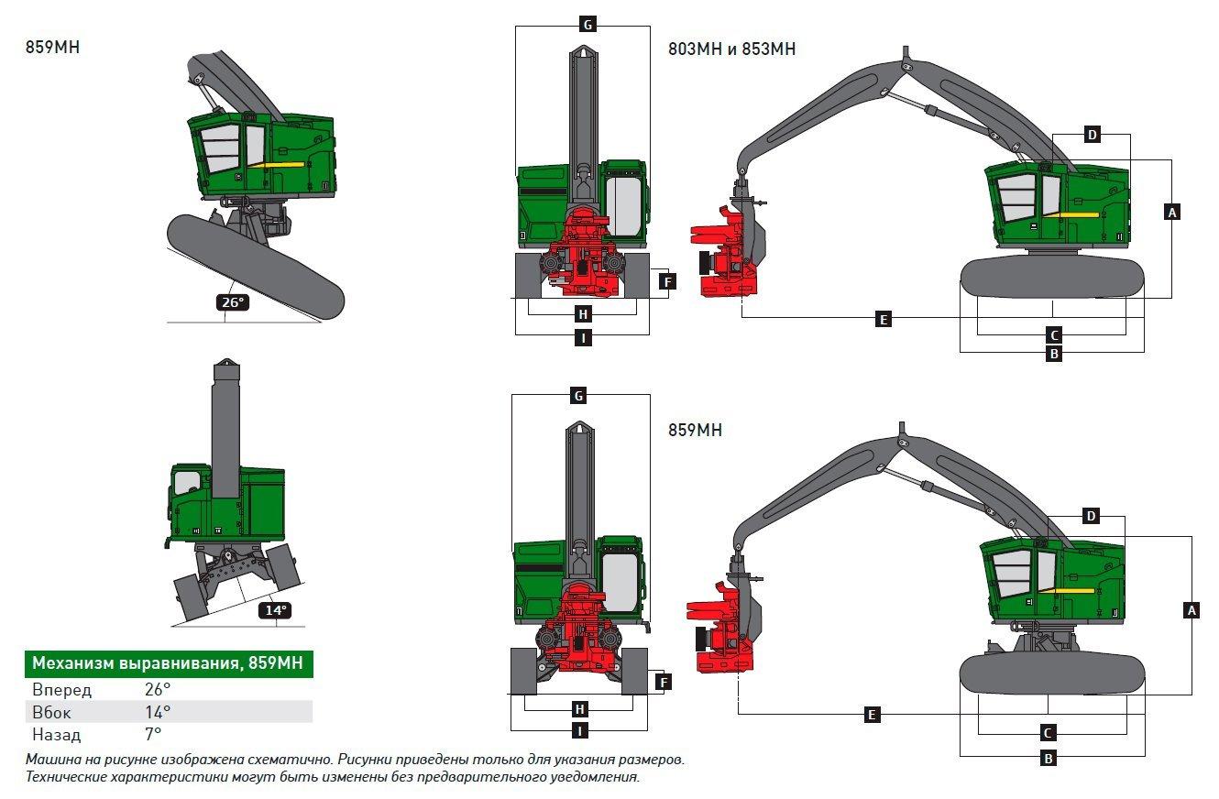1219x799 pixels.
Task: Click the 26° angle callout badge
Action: point(233,301)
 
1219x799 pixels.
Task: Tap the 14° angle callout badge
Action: point(275,610)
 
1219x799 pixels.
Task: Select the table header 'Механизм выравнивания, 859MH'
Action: point(169,663)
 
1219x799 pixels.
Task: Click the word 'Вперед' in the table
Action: point(62,690)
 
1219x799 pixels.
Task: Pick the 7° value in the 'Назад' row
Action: point(153,734)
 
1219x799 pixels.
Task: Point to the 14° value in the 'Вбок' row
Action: point(158,712)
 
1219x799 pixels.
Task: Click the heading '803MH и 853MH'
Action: point(731,49)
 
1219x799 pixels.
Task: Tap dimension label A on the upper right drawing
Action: point(1172,212)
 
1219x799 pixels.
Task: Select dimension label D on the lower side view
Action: point(1091,516)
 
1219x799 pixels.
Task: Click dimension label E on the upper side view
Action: point(884,319)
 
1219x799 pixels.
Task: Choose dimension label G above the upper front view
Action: point(588,25)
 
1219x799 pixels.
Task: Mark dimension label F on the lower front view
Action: point(663,682)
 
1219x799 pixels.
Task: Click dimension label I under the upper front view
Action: point(583,338)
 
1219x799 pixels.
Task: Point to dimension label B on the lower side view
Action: point(1049,758)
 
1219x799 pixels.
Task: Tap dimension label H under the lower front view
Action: point(579,709)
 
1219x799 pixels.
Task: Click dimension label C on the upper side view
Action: point(1054,335)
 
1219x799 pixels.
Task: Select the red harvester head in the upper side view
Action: point(725,252)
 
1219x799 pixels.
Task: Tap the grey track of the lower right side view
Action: point(1052,674)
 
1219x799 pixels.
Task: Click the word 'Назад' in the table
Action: point(57,735)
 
